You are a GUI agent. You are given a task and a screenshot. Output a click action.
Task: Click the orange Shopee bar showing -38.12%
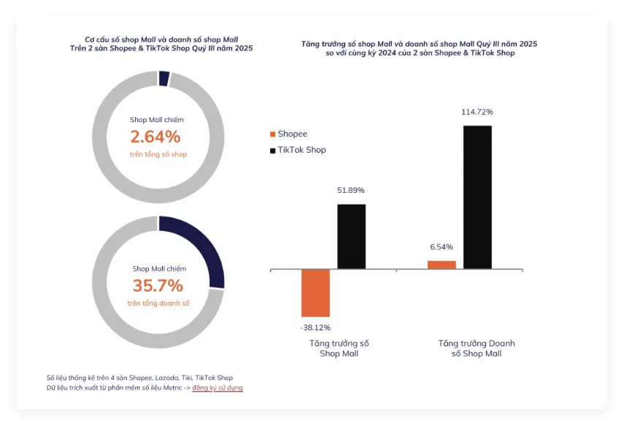click(x=315, y=292)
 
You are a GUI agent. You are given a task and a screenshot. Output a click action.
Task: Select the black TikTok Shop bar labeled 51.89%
click(x=351, y=236)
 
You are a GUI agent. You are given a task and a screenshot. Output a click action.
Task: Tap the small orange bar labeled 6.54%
click(x=442, y=264)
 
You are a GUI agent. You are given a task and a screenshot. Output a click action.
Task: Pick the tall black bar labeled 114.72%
click(x=477, y=197)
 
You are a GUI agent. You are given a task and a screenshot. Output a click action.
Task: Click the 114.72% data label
click(x=477, y=112)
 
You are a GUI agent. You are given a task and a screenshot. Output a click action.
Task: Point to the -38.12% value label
click(x=315, y=327)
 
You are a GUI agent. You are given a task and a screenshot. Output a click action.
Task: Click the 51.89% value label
click(x=351, y=190)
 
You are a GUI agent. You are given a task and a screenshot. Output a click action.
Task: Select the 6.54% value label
click(x=442, y=247)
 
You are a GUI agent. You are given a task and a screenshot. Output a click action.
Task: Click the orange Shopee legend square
click(x=272, y=134)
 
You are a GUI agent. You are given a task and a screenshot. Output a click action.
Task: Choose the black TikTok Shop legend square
click(x=272, y=150)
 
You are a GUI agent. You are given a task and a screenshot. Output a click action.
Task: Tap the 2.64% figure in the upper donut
click(x=155, y=137)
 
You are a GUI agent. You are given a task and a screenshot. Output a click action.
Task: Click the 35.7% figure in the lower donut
click(x=158, y=286)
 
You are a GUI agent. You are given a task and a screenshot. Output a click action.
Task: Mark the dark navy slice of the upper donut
click(x=164, y=78)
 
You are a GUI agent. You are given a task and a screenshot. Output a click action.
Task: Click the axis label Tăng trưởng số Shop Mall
click(x=339, y=348)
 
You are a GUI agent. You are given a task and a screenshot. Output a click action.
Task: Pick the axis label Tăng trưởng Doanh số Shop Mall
click(x=477, y=348)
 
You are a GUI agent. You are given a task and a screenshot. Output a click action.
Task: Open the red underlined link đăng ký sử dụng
click(x=218, y=387)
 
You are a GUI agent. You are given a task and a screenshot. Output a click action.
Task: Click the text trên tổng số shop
click(x=158, y=154)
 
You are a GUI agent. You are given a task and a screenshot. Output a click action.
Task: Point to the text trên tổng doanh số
click(x=158, y=303)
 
